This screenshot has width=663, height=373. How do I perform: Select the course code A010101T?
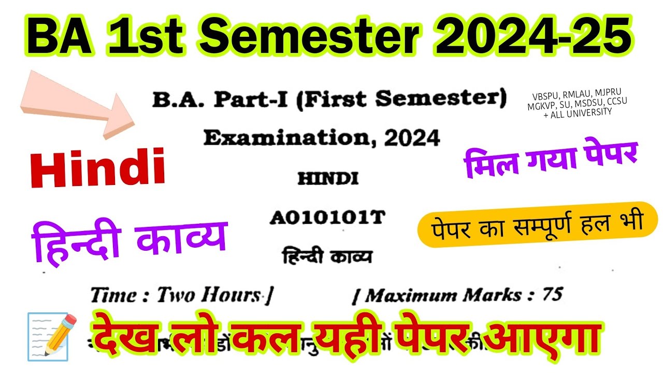pos(327,218)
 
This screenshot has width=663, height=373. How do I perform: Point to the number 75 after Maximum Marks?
pos(552,294)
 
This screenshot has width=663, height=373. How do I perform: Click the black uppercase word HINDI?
pos(328,179)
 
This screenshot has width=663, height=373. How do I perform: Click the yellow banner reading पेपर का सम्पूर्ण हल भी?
pos(537,224)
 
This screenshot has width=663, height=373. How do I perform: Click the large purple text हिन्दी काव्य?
pos(129,239)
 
